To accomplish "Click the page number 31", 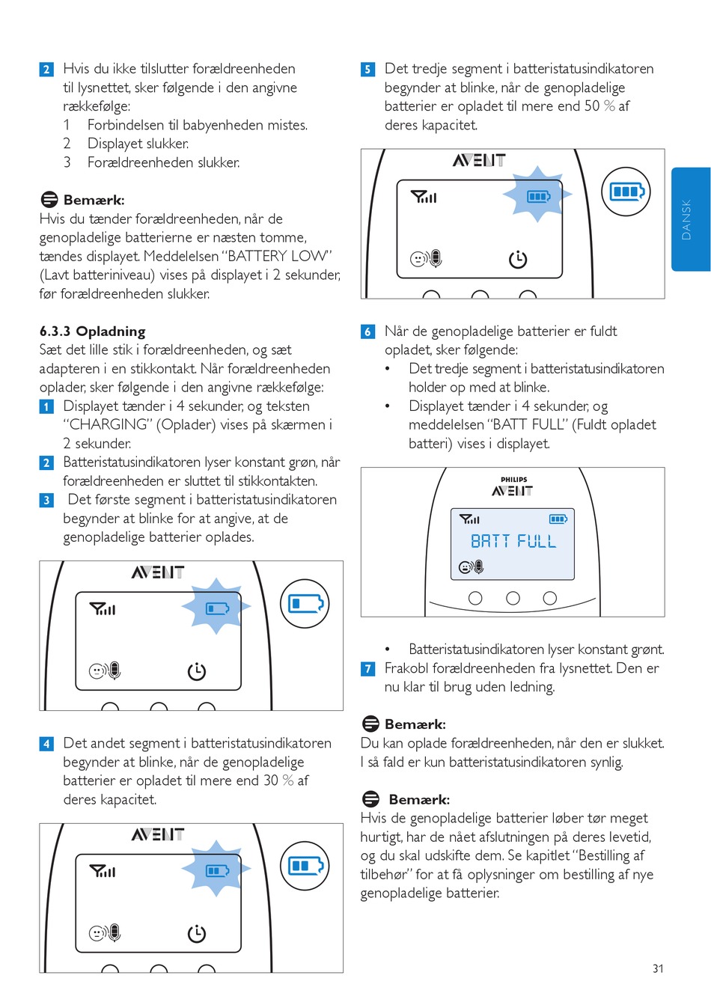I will (658, 968).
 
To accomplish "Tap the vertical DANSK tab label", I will (686, 219).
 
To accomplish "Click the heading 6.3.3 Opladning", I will (93, 331).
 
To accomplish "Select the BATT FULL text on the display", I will (513, 541).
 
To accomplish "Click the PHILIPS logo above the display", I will (513, 480).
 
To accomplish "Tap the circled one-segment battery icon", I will (305, 603).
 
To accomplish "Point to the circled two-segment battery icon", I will (305, 866).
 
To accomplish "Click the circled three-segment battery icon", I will (626, 192).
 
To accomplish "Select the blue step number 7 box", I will (367, 668).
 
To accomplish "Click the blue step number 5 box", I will (367, 70).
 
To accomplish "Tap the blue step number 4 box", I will (46, 744).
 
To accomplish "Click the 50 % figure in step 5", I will (599, 106).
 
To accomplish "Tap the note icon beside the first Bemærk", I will (49, 200).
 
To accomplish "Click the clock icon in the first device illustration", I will (197, 671).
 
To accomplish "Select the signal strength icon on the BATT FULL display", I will (469, 519).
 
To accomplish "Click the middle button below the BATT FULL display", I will (513, 598).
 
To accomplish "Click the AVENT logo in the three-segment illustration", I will (479, 160).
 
